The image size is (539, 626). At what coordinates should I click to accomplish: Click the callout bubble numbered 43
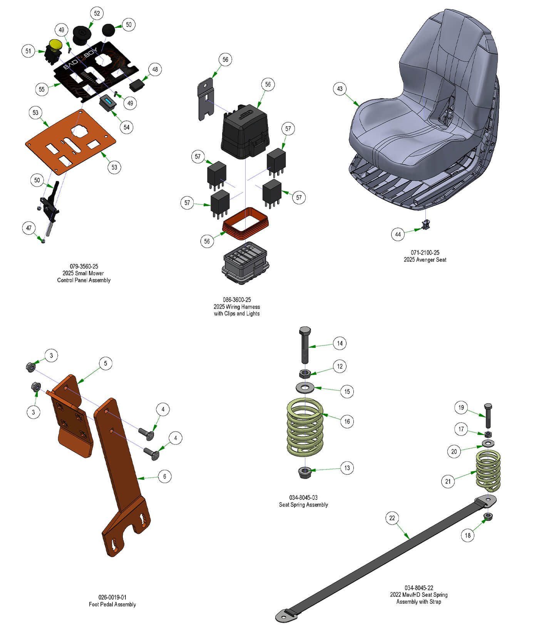click(340, 89)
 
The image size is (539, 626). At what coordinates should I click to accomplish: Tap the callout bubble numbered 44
click(398, 234)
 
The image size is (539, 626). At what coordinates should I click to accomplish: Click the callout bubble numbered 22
click(392, 518)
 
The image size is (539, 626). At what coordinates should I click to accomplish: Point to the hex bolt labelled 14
click(305, 345)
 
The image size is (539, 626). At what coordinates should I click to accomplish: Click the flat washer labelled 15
click(305, 387)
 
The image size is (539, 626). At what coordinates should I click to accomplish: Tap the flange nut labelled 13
click(305, 472)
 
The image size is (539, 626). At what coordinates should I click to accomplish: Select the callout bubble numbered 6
click(164, 476)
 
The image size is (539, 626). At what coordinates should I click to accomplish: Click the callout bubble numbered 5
click(105, 363)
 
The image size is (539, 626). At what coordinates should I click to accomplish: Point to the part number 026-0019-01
click(112, 597)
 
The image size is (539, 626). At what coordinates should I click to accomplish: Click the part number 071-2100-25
click(425, 252)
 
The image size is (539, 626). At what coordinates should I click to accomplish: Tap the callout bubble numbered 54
click(127, 127)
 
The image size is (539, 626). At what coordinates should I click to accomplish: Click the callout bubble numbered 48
click(155, 70)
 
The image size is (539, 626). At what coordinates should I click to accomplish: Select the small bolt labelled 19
click(488, 416)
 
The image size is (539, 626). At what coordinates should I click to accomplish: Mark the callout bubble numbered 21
click(448, 481)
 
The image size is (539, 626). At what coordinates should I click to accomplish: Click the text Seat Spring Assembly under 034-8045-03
click(303, 504)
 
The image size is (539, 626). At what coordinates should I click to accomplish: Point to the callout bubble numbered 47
click(28, 228)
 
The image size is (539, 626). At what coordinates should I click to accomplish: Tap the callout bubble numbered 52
click(97, 13)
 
